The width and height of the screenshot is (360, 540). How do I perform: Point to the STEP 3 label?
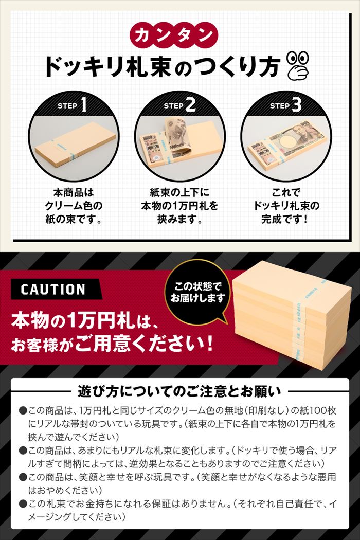(x=286, y=105)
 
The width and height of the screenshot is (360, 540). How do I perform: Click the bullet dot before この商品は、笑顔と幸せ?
(x=23, y=477)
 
